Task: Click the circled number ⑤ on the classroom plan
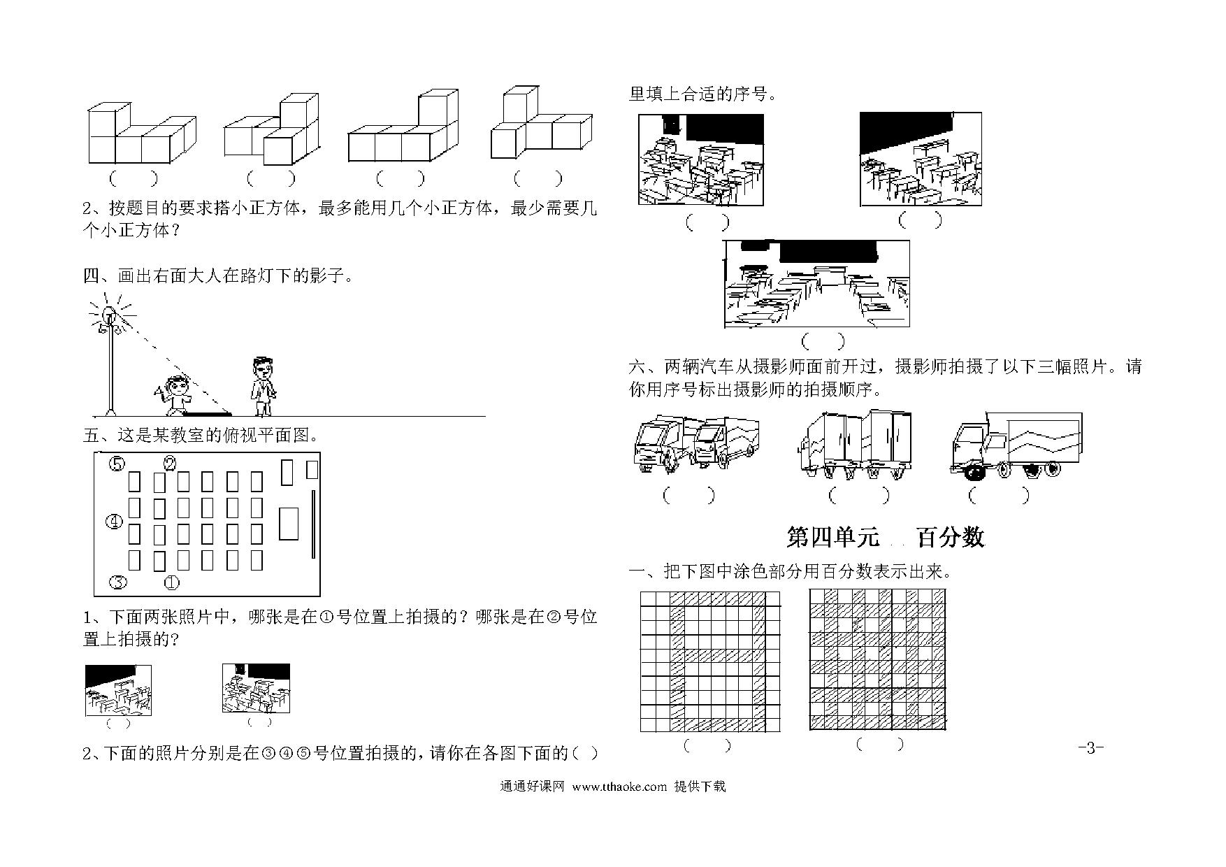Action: coord(117,464)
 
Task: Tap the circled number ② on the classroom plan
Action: coord(170,463)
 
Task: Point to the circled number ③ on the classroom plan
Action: coord(117,582)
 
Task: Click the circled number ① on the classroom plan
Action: coord(171,582)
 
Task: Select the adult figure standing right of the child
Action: coord(263,387)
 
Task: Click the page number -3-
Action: coord(1090,747)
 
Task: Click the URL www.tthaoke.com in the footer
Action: coord(619,787)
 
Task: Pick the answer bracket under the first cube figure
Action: coord(132,179)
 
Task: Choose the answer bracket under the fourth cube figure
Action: coord(538,179)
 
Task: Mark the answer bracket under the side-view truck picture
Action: coord(999,495)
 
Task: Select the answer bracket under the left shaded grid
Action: coord(707,745)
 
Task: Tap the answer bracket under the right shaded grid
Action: coord(880,745)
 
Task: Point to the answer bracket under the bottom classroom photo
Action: coord(823,341)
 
